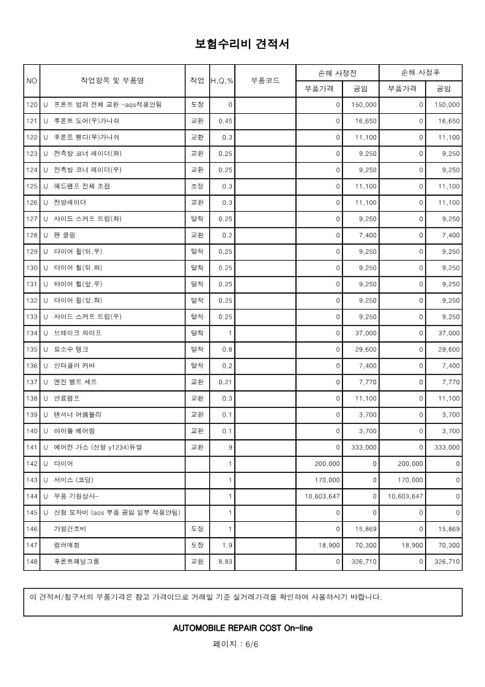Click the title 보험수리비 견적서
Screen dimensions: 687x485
click(242, 44)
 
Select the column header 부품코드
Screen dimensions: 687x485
click(265, 81)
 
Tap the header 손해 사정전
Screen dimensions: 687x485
click(337, 72)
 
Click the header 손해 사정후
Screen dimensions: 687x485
click(420, 72)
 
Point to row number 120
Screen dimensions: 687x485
click(32, 105)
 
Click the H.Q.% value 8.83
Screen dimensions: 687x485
click(226, 562)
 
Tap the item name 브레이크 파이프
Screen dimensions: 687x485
click(78, 333)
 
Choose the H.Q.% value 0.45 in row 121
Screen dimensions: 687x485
click(226, 122)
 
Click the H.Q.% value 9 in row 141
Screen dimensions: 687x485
click(230, 447)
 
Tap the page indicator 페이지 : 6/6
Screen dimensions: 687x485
click(242, 645)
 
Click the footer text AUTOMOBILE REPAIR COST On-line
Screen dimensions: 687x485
click(243, 628)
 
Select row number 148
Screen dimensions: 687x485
click(32, 562)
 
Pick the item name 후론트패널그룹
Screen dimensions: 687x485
click(76, 562)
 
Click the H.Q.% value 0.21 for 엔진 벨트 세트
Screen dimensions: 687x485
click(226, 382)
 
